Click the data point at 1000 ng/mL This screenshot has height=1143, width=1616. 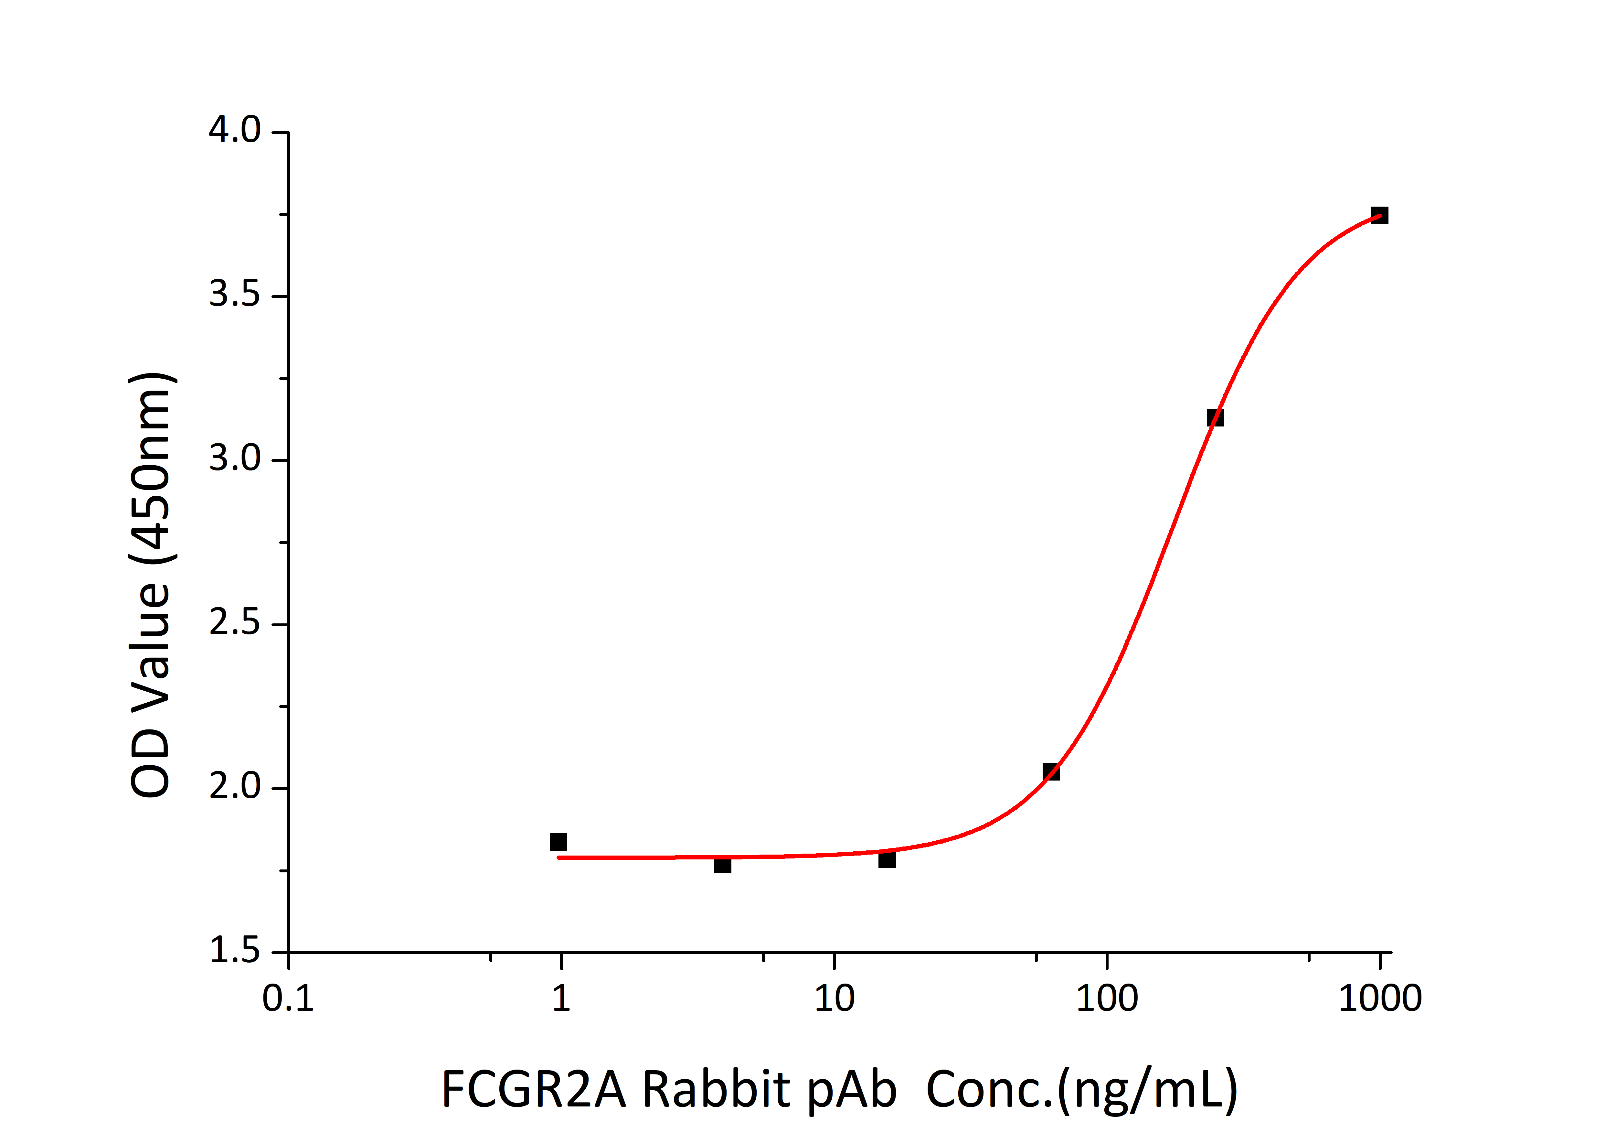click(1379, 215)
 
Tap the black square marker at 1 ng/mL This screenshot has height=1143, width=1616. click(558, 842)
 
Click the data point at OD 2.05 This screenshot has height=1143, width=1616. click(1051, 772)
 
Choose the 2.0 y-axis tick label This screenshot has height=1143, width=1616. click(234, 787)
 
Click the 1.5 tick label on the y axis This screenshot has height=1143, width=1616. click(234, 952)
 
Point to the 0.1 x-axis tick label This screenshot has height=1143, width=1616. click(288, 998)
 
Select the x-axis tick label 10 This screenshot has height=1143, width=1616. click(834, 998)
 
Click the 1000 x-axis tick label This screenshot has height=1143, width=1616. click(1379, 998)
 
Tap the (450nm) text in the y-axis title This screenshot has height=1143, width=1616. click(151, 468)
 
